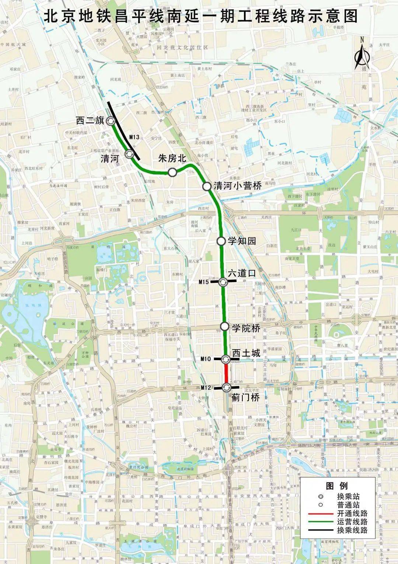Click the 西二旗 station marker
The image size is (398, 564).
(111, 121)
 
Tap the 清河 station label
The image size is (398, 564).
(110, 159)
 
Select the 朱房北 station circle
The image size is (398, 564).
(172, 172)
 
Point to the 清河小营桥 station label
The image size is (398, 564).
(238, 186)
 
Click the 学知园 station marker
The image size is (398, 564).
(221, 241)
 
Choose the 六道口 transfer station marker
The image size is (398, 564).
(223, 282)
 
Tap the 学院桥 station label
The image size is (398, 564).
(246, 327)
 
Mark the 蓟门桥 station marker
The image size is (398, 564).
(226, 387)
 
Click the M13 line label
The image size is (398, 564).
(134, 137)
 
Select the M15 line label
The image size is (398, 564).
(203, 282)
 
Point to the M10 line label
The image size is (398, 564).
(206, 359)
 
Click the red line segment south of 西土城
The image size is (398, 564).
(226, 373)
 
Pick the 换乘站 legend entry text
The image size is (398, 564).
(348, 497)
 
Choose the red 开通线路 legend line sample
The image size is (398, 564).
(319, 513)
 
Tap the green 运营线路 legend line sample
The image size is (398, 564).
(319, 522)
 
